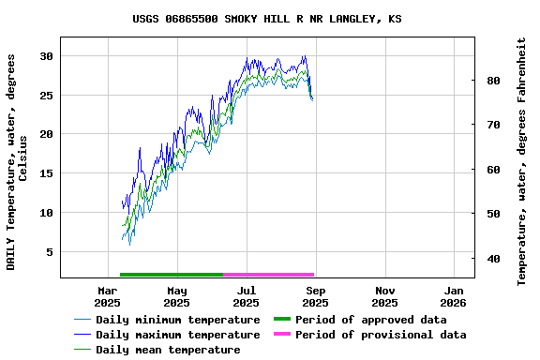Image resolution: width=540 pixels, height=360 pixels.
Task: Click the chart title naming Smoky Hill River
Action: click(x=267, y=19)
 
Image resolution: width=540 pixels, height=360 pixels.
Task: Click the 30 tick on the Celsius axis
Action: click(x=45, y=56)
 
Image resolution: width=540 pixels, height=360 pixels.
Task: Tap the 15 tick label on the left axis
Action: click(x=45, y=173)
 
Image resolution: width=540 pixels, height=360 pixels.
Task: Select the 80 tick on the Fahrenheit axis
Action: click(x=491, y=81)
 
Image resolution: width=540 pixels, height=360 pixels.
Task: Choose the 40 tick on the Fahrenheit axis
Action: click(x=491, y=258)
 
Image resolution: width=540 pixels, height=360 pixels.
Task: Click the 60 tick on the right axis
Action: click(x=491, y=170)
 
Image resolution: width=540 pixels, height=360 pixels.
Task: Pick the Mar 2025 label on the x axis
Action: click(x=107, y=296)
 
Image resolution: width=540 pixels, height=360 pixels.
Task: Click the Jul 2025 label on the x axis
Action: click(x=246, y=296)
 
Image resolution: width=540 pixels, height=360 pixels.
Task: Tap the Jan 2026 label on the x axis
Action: click(x=454, y=296)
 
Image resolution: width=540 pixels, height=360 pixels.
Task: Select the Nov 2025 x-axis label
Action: click(x=384, y=296)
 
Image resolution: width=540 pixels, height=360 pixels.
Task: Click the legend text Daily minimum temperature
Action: click(x=177, y=320)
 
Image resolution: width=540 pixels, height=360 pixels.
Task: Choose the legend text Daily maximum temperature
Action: click(x=177, y=335)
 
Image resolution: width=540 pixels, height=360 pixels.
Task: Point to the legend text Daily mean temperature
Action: click(x=168, y=350)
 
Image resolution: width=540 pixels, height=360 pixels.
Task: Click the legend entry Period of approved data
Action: click(x=370, y=320)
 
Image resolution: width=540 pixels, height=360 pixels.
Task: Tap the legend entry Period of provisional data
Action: click(x=380, y=335)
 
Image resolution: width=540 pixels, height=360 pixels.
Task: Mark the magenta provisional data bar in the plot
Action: click(x=268, y=275)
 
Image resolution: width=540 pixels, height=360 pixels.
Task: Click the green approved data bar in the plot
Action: click(x=171, y=275)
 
